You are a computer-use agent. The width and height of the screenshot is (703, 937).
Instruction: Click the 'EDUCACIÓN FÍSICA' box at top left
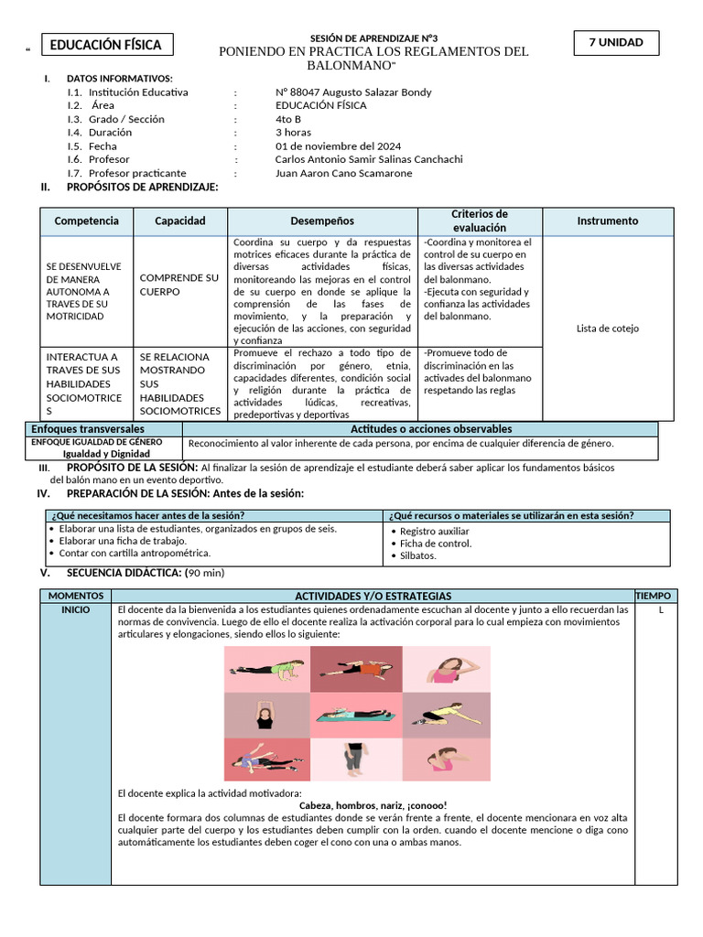(105, 45)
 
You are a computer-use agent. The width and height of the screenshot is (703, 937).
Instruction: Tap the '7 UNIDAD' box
(615, 42)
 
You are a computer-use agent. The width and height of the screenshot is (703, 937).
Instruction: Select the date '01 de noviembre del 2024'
(338, 145)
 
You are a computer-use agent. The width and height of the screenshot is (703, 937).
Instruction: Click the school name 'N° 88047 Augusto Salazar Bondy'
(353, 92)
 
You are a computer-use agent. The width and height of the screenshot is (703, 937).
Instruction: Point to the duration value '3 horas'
(293, 132)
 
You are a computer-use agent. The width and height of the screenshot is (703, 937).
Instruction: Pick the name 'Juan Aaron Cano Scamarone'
(343, 173)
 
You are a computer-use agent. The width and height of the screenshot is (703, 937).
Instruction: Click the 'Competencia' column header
(87, 221)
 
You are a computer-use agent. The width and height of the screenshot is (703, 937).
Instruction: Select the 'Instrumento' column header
(608, 221)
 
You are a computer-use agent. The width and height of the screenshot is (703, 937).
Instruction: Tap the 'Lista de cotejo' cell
(608, 328)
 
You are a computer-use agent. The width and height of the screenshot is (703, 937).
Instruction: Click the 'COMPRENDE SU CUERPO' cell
(178, 285)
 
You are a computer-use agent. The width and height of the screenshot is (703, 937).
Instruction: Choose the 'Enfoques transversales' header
(88, 429)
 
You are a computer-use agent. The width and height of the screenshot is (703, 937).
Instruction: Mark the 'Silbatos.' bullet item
(417, 555)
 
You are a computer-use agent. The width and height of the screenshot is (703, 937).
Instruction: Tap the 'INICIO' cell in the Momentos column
(75, 609)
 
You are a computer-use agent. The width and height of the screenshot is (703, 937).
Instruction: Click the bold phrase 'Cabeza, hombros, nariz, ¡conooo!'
(372, 805)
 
